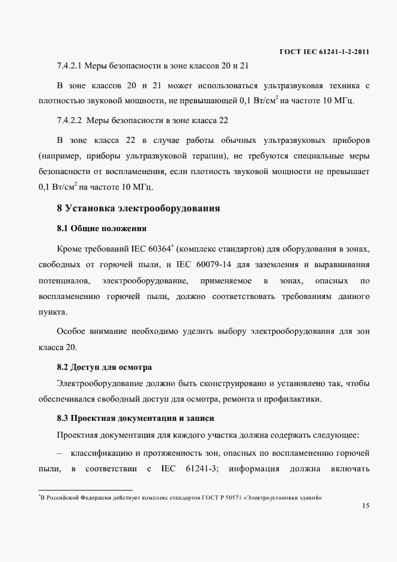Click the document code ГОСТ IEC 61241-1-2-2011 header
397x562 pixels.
(324, 52)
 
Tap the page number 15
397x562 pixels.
(366, 506)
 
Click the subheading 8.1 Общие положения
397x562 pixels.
(102, 229)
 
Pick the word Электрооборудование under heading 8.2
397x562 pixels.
(99, 383)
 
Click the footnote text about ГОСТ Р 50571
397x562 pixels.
(180, 498)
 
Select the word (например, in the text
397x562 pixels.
(58, 156)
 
